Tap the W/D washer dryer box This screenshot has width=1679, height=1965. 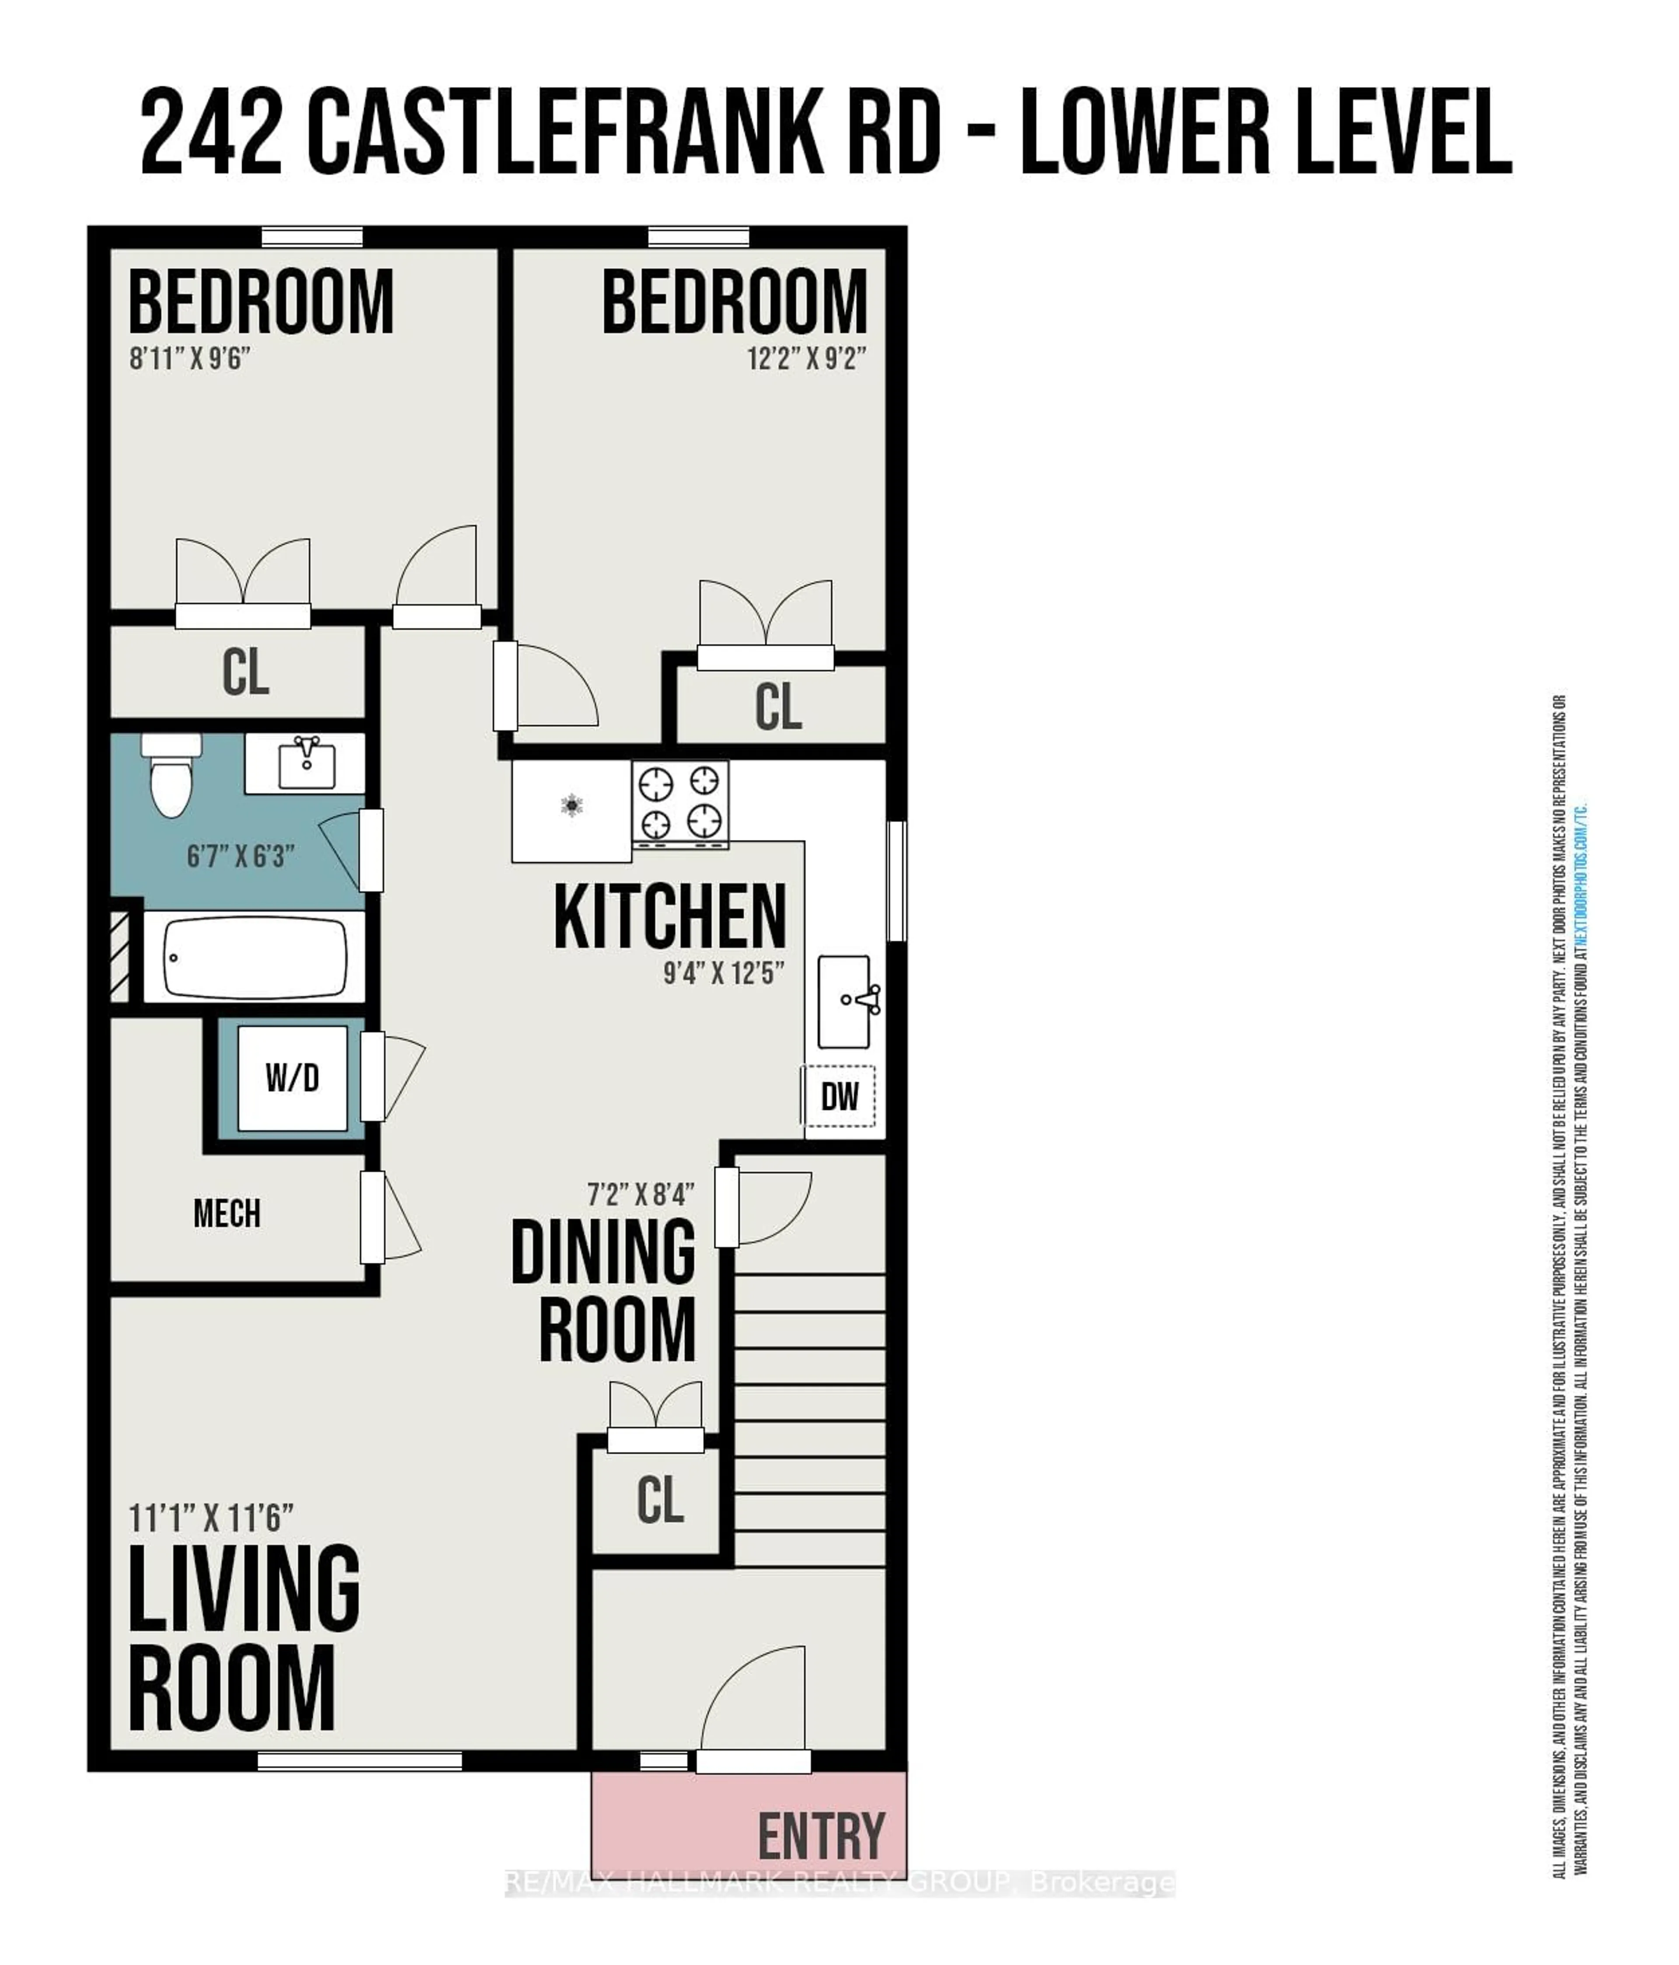[292, 1078]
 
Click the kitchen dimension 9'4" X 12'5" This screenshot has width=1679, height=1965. [724, 973]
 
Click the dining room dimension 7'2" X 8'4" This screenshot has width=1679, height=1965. [640, 1193]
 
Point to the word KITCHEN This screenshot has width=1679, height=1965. [670, 916]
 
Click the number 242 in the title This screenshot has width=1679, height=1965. [211, 130]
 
